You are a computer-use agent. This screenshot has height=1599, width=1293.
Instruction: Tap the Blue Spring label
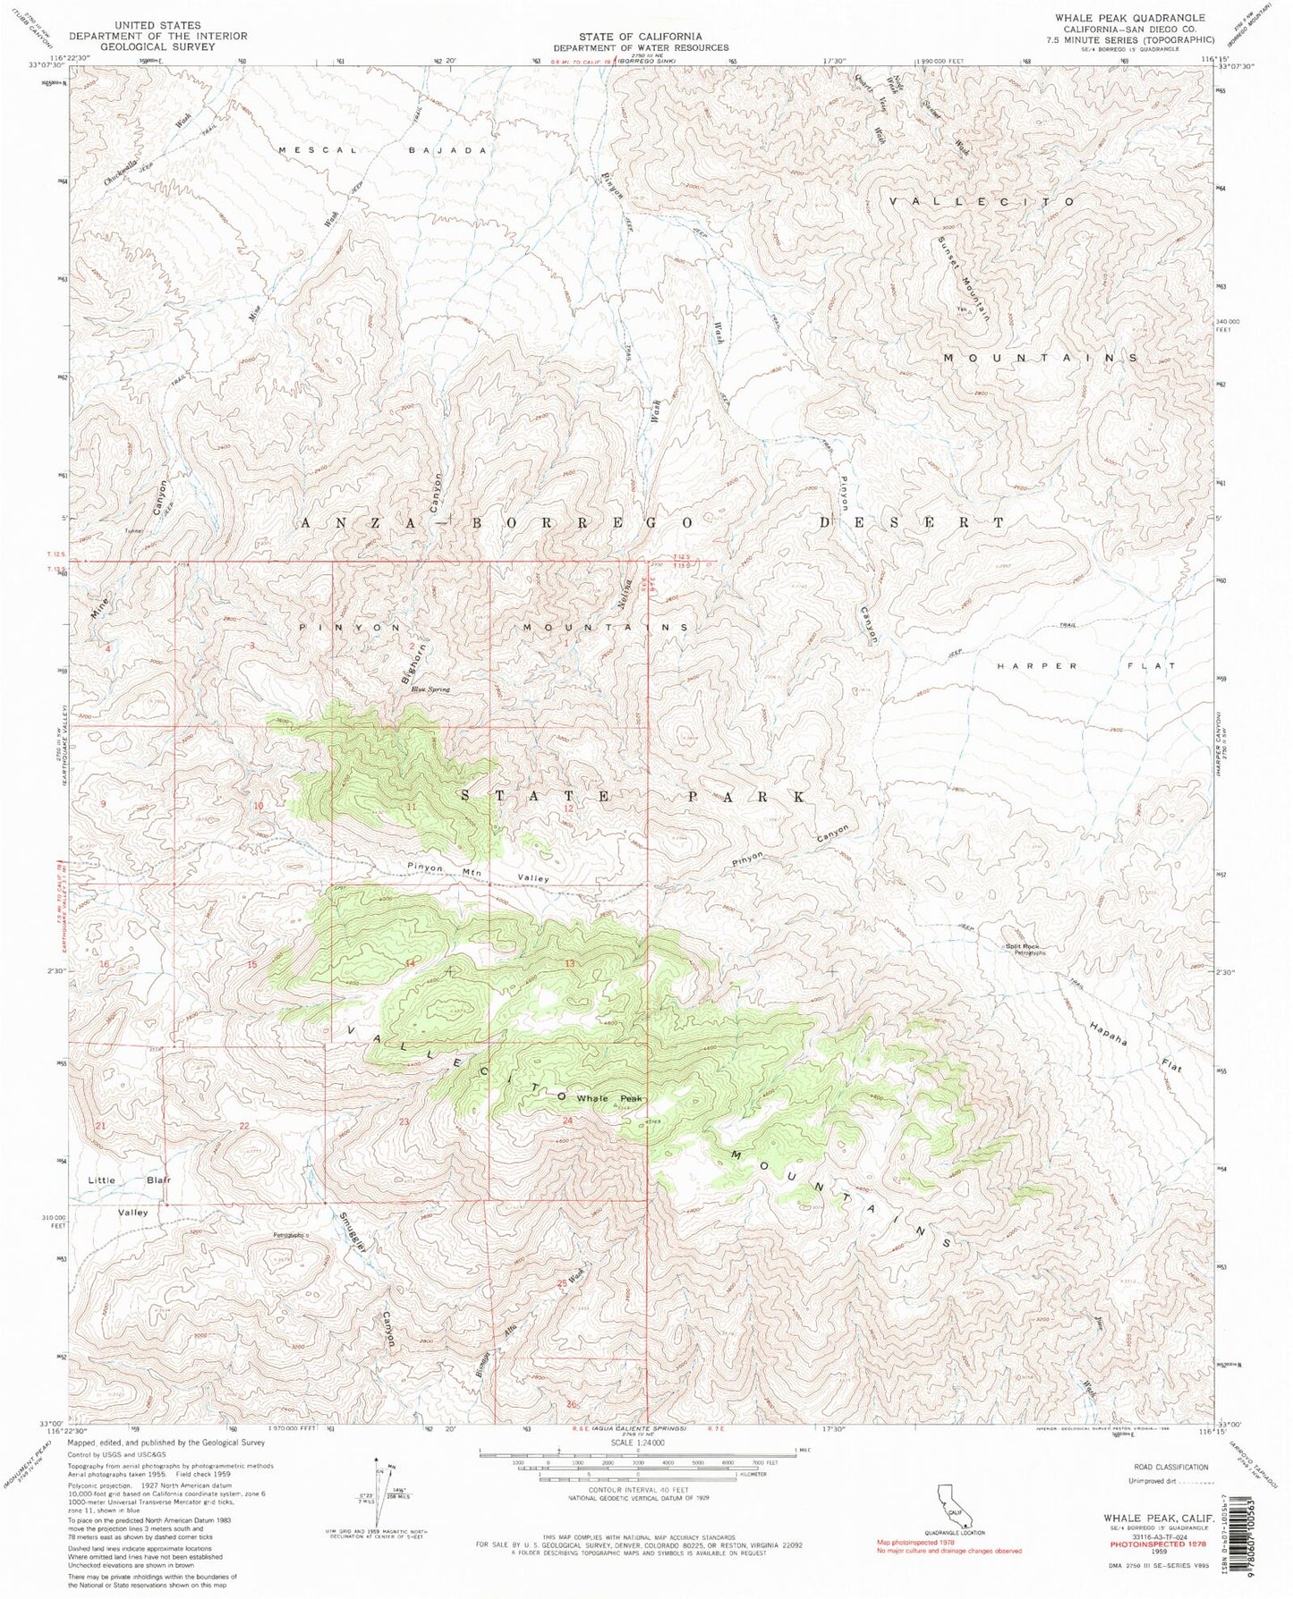pyautogui.click(x=430, y=690)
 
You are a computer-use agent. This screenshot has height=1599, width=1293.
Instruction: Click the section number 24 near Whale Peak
pyautogui.click(x=567, y=1121)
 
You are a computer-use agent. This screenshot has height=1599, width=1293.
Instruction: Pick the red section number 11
pyautogui.click(x=412, y=807)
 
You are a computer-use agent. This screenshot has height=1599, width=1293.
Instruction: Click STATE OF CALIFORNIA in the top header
pyautogui.click(x=640, y=35)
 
